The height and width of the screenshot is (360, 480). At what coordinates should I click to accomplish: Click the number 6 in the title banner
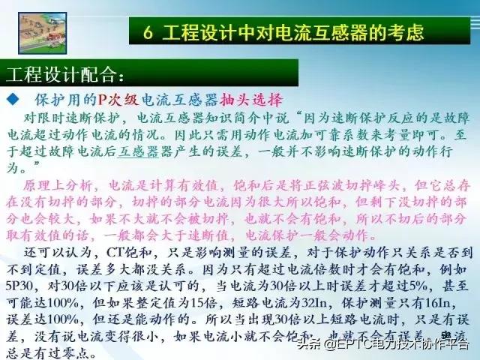pos(149,33)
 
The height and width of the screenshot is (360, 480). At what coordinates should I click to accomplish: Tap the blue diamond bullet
pos(12,100)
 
